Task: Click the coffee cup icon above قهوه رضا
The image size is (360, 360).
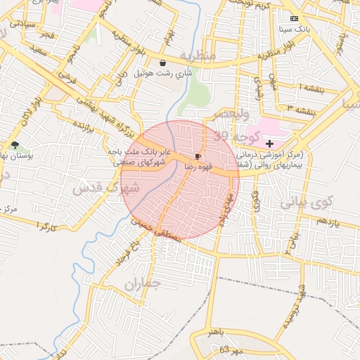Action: [x=198, y=155]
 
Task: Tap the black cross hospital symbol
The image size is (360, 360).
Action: [x=270, y=143]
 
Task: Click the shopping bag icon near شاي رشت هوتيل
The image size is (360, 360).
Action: [x=163, y=63]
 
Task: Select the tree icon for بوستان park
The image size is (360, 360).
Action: [x=15, y=145]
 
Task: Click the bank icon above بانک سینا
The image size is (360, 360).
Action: [x=294, y=18]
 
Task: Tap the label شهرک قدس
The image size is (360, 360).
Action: [x=107, y=188]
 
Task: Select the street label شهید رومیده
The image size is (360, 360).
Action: [x=295, y=309]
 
